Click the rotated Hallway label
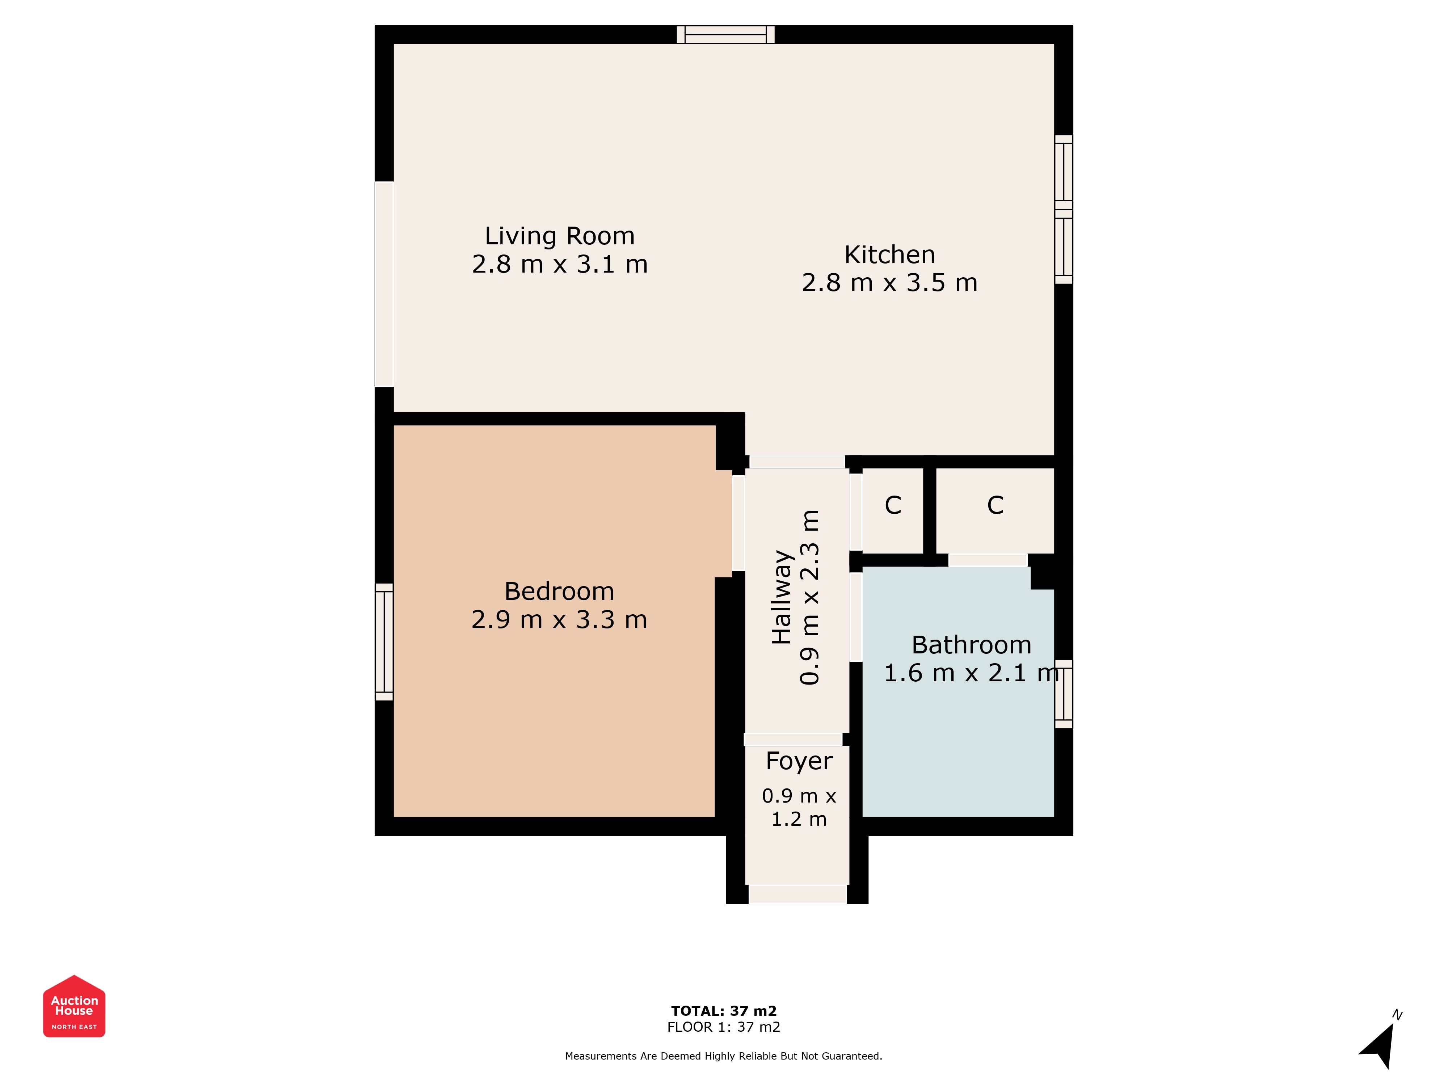click(782, 597)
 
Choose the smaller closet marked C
click(893, 510)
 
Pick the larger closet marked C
click(995, 510)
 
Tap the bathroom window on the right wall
click(1064, 694)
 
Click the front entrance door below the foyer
click(797, 894)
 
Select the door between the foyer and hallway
click(793, 740)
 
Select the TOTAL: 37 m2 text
click(724, 1011)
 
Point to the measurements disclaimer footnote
click(724, 1056)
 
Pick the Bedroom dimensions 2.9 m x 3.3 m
click(559, 620)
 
